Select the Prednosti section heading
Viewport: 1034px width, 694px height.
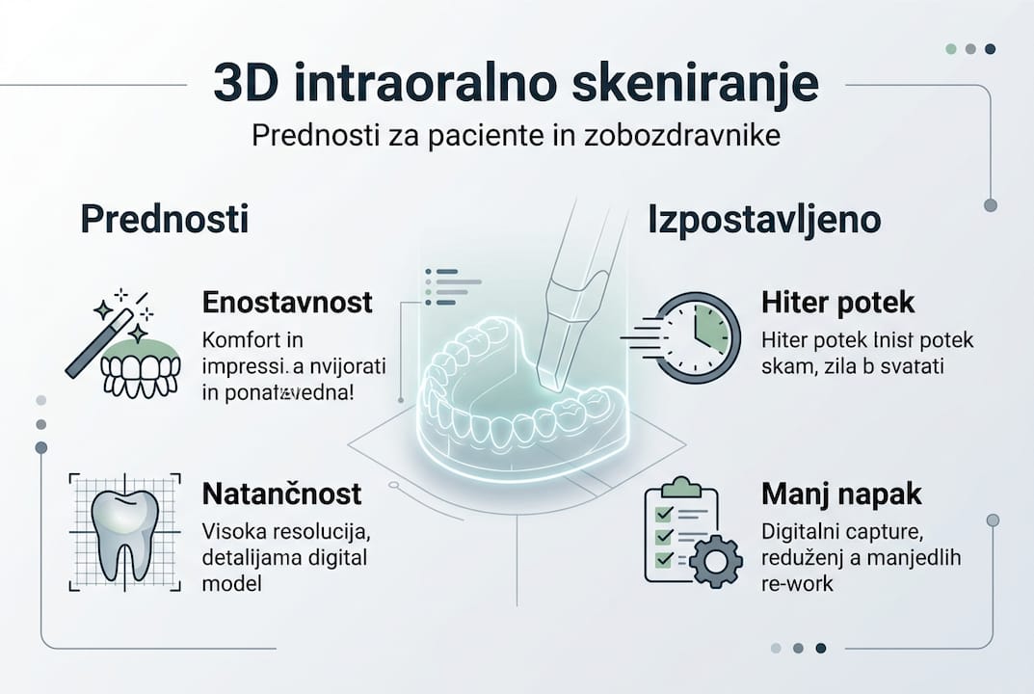[164, 220]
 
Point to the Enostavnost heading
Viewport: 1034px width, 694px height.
[287, 302]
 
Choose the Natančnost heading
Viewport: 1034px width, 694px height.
[281, 494]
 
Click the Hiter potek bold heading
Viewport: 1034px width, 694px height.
[837, 303]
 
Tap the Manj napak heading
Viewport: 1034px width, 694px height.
[841, 495]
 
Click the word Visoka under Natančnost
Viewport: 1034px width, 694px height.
[231, 532]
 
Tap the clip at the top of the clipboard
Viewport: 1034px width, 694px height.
[682, 485]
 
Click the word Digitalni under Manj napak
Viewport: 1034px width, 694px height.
[798, 532]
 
